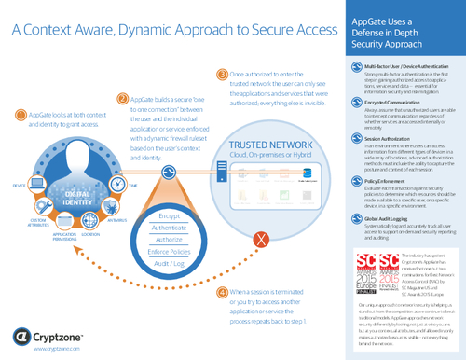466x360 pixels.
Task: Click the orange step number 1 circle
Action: click(22, 115)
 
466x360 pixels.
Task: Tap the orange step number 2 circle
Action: click(124, 96)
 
